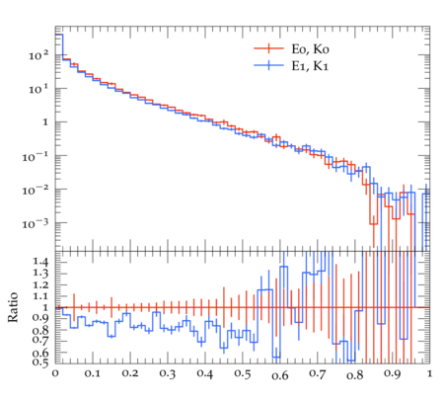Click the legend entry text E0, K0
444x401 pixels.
(310, 49)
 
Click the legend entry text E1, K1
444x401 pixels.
(310, 66)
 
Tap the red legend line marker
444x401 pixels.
(268, 48)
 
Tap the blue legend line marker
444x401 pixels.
(268, 65)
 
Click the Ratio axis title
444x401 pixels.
(13, 307)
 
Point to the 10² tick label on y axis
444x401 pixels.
(38, 55)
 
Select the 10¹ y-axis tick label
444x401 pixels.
(38, 89)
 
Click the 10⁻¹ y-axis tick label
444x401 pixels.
(36, 157)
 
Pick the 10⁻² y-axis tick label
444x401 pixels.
(36, 191)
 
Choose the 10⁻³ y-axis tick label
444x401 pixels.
(36, 224)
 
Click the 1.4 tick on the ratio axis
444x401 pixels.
(40, 262)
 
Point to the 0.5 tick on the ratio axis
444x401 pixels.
(40, 362)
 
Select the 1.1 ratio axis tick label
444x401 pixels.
(40, 296)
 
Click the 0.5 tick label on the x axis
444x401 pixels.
(243, 374)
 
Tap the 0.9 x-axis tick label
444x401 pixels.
(392, 374)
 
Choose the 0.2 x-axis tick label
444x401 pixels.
(130, 374)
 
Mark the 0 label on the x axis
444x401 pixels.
(55, 374)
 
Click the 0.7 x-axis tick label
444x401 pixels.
(318, 374)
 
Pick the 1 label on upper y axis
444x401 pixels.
(45, 122)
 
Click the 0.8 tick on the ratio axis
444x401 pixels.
(40, 330)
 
